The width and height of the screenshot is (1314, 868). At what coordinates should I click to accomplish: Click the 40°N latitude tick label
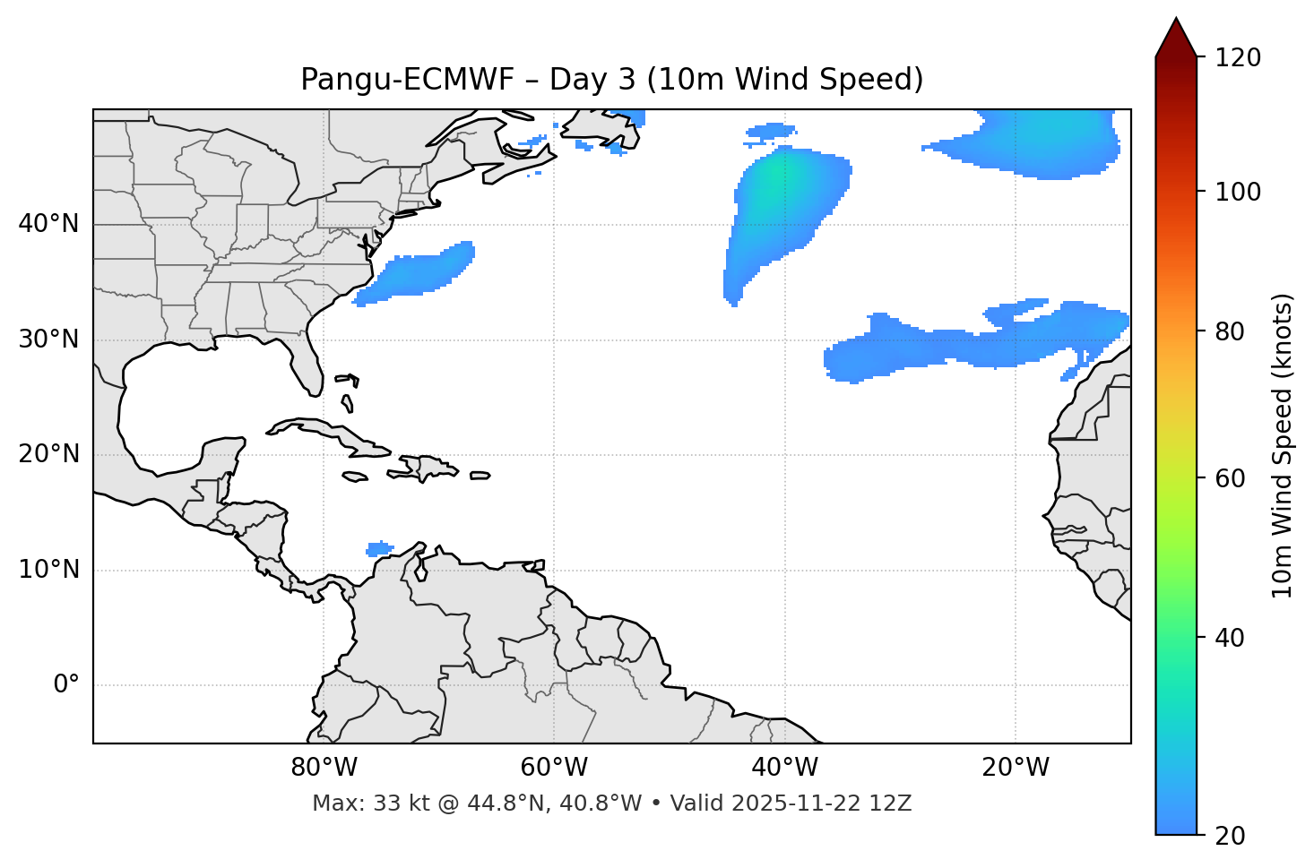click(48, 224)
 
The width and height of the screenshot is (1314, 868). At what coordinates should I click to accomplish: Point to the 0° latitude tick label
click(65, 685)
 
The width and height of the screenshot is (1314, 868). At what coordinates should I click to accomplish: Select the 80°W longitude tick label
click(324, 768)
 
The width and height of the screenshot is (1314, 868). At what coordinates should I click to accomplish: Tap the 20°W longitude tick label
click(1016, 768)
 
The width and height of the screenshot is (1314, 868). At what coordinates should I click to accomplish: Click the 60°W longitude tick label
click(554, 768)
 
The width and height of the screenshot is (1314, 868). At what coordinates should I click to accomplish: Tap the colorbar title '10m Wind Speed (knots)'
click(1283, 445)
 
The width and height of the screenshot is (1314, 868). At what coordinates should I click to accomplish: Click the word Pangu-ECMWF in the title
click(407, 80)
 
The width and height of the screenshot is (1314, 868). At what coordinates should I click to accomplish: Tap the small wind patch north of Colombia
click(380, 548)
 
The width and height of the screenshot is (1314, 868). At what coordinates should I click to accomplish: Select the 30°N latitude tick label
click(48, 339)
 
